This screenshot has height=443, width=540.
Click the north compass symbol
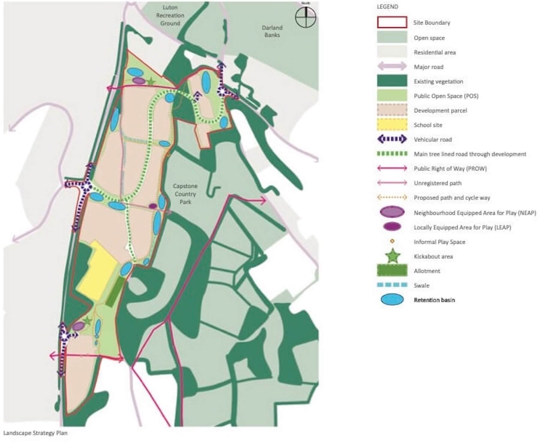tap(305, 17)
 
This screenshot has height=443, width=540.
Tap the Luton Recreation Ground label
tap(170, 15)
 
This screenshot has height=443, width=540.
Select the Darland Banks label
tap(272, 31)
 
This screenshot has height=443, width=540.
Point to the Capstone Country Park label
tap(185, 194)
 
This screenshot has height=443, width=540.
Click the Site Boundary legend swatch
tap(392, 22)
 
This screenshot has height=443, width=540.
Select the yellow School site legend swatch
tap(392, 125)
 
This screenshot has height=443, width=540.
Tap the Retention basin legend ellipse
tap(392, 300)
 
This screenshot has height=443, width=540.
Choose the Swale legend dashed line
tap(392, 285)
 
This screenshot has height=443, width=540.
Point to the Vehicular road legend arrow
tap(392, 139)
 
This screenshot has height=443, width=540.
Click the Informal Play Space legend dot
tap(392, 241)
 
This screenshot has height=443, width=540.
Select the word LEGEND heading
tap(387, 7)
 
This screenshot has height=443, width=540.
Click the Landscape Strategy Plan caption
tap(35, 433)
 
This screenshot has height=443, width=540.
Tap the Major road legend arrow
tap(392, 67)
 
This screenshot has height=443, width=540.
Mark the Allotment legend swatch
tap(392, 270)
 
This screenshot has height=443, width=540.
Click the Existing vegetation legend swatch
tap(392, 81)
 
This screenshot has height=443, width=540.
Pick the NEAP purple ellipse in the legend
tap(392, 212)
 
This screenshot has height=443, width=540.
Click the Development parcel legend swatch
tap(392, 110)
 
